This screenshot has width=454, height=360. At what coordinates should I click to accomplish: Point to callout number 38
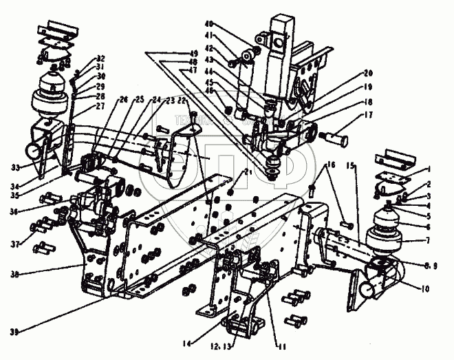point(14,274)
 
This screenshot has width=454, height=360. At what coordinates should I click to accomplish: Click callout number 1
point(429,169)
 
